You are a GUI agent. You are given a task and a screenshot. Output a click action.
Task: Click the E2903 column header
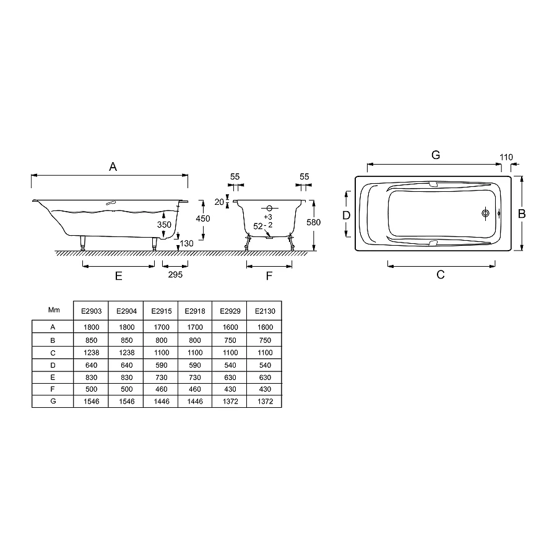[92, 311]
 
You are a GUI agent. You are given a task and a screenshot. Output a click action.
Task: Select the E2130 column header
[265, 311]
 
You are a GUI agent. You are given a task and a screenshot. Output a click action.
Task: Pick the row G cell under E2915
[162, 402]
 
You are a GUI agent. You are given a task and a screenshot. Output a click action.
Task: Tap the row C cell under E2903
[92, 353]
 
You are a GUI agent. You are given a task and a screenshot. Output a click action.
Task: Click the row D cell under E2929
[230, 365]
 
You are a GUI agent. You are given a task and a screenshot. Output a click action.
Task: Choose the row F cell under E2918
[195, 389]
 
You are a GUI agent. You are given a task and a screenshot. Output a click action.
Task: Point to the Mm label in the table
[54, 310]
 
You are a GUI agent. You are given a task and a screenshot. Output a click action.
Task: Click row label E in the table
[53, 378]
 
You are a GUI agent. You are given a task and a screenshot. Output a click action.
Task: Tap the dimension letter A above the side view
[113, 166]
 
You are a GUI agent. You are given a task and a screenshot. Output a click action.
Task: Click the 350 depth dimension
[164, 225]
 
